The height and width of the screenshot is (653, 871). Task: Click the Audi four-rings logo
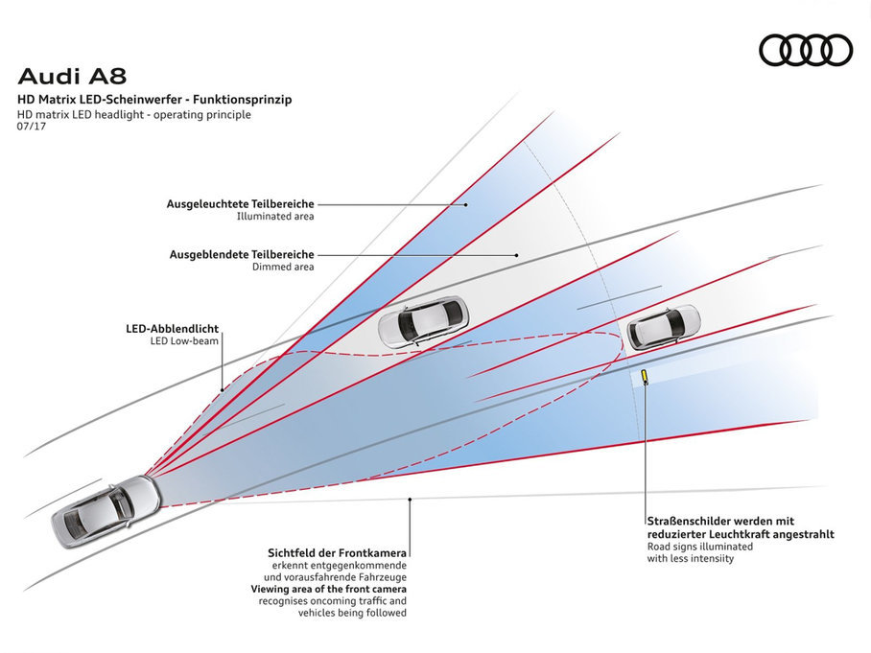(x=805, y=50)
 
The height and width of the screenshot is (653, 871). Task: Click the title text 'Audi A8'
(x=73, y=76)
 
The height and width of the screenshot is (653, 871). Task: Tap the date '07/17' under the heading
(x=32, y=127)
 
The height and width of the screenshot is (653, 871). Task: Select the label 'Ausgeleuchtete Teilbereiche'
(x=240, y=204)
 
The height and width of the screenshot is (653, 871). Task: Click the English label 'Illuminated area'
(x=275, y=217)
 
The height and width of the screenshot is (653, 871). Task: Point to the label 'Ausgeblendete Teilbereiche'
(x=242, y=254)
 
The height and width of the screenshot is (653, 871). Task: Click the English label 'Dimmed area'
(x=283, y=267)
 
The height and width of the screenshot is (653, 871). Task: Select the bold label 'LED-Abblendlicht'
(x=172, y=328)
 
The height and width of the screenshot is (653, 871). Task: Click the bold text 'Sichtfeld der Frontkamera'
(x=339, y=553)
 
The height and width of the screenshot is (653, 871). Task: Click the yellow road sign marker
(x=646, y=376)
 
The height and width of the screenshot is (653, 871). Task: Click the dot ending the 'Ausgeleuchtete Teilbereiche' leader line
(x=466, y=204)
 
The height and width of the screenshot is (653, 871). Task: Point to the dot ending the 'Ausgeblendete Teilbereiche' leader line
(x=517, y=254)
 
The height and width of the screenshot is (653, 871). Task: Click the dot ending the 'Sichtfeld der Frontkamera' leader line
(x=411, y=499)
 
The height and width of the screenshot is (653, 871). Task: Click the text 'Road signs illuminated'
(x=699, y=547)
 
